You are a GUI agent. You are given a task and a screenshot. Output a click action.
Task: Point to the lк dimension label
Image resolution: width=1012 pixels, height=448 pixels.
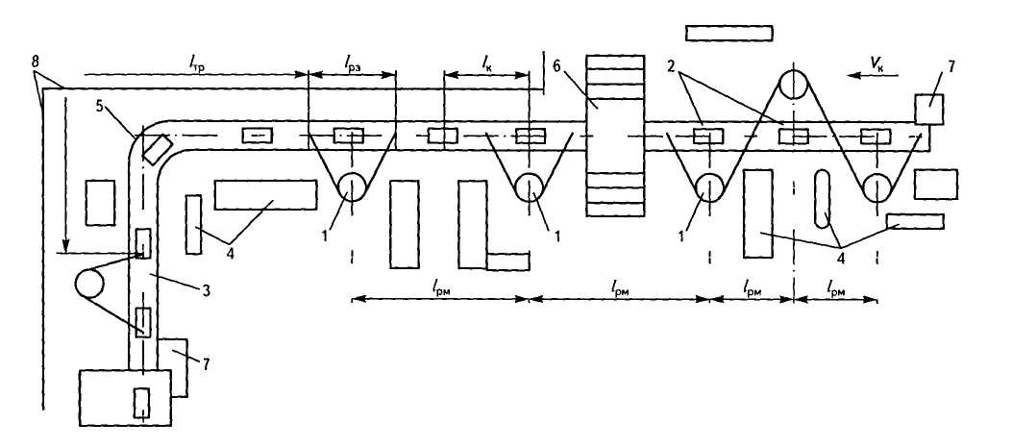point(488,63)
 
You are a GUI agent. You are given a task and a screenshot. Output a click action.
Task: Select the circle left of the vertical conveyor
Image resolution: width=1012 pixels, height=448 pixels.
point(90,284)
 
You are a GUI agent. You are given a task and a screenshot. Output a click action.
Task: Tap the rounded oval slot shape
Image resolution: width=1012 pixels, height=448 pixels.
point(825,198)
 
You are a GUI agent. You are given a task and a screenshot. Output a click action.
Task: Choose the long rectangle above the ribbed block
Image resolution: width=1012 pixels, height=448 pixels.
point(729,33)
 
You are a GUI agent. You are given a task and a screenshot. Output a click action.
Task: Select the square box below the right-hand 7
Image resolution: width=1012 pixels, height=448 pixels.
point(935,184)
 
